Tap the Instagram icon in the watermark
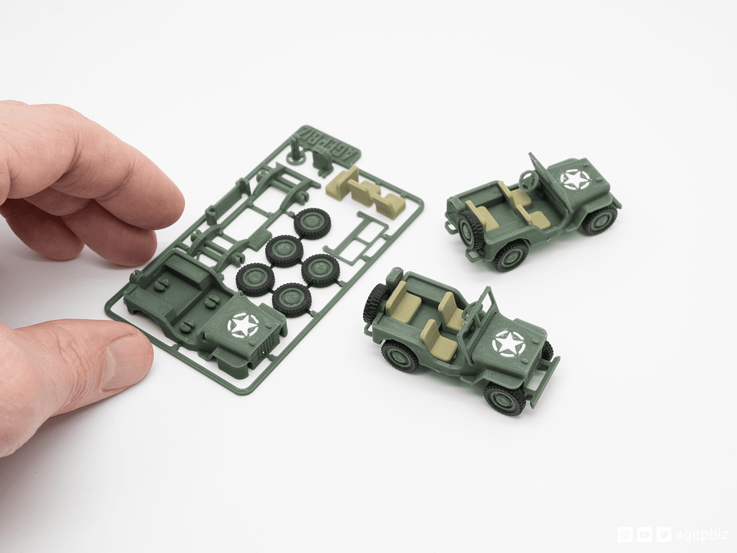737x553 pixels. click(x=625, y=535)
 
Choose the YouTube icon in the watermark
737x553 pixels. click(x=643, y=535)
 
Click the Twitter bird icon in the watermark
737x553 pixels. click(x=661, y=535)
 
